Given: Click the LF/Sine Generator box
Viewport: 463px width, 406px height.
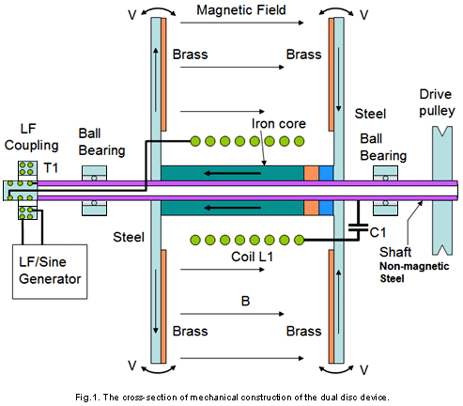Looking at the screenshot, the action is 50,272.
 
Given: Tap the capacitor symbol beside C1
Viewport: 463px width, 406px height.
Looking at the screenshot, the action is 359,227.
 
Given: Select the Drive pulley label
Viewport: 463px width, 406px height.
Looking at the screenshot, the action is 437,102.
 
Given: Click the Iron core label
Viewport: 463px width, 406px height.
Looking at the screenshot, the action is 279,124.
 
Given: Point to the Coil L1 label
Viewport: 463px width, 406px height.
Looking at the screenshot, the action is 253,257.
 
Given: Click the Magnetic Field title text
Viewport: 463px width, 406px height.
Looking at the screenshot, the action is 241,10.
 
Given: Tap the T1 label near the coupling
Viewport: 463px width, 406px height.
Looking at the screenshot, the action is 51,168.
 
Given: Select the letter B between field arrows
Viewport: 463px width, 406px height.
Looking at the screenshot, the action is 246,301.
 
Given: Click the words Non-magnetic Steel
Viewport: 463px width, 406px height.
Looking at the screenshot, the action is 414,273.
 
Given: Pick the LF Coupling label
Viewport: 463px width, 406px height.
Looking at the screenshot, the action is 31,137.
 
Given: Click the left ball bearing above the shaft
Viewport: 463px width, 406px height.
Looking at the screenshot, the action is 94,173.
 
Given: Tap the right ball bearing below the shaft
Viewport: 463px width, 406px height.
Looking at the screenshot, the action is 385,208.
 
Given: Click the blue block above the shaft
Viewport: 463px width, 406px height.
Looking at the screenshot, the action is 326,173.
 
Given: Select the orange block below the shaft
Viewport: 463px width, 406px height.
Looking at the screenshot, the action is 311,208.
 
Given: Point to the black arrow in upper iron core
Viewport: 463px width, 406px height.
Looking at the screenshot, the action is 232,173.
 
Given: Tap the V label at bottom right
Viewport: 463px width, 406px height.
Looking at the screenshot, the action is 363,370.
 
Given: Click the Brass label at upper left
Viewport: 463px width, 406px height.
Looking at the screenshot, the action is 190,55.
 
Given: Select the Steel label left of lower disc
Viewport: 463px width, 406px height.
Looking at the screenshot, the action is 129,237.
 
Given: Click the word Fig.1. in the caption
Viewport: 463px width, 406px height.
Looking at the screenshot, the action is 87,398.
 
